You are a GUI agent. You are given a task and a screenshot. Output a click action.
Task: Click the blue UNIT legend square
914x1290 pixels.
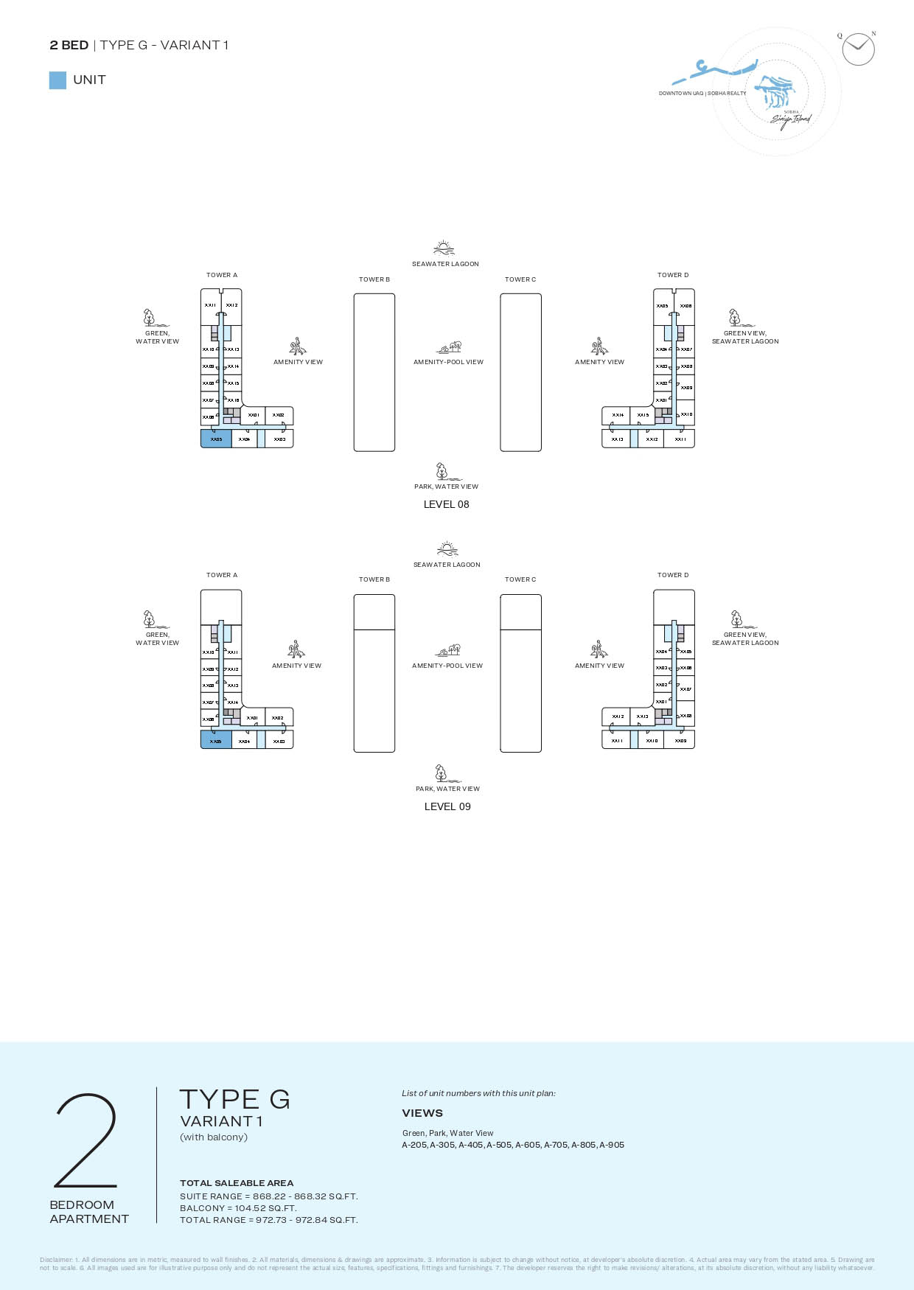pos(57,80)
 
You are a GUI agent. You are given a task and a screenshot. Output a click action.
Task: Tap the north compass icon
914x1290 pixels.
pos(858,49)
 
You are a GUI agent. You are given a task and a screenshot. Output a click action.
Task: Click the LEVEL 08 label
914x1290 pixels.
pos(446,504)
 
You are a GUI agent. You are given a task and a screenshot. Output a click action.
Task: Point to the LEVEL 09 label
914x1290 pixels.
pos(447,806)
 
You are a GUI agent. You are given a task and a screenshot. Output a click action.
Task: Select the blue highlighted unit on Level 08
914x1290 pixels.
pos(216,439)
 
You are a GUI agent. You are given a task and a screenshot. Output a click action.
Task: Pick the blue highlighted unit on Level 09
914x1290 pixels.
pos(216,740)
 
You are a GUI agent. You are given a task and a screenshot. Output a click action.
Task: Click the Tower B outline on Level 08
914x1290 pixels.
pos(374,372)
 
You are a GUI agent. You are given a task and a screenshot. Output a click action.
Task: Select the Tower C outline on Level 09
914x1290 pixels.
pos(520,673)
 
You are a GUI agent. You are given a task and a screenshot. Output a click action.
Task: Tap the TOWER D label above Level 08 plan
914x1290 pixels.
pos(673,275)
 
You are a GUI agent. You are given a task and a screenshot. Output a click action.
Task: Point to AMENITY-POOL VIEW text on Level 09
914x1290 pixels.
pos(447,666)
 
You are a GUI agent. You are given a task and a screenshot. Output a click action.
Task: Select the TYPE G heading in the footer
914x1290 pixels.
pos(234,1099)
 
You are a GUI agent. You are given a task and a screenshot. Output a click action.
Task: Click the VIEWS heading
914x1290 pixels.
pos(422,1113)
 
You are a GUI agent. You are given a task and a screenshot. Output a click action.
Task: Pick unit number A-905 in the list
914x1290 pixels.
pos(612,1145)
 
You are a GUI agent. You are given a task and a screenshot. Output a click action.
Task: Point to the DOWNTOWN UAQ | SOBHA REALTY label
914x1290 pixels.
pos(702,94)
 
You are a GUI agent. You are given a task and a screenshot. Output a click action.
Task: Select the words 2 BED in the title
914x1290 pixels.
pos(69,45)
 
